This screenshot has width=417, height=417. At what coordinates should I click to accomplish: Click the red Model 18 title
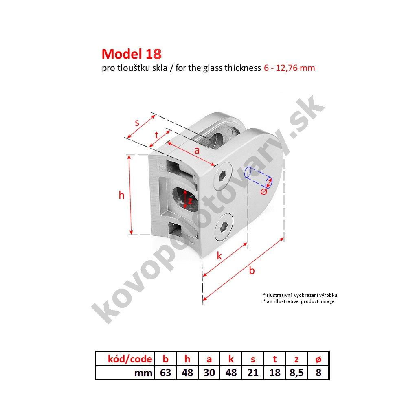[x=132, y=54]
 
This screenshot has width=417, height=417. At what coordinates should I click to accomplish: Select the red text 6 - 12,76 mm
[x=290, y=68]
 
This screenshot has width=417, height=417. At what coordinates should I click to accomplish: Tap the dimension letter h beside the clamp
[x=121, y=195]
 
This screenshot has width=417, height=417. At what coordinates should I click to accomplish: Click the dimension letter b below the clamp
[x=252, y=270]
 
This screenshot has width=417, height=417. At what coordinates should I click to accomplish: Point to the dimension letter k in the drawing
[x=219, y=256]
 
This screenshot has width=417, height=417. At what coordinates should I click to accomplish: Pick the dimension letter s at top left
[x=137, y=123]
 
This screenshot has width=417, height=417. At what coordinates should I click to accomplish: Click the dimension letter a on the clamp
[x=197, y=151]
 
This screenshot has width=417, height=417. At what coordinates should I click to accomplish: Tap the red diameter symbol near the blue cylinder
[x=263, y=191]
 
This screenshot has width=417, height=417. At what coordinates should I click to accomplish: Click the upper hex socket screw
[x=224, y=176]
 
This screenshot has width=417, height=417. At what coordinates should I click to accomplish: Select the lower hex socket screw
[x=224, y=226]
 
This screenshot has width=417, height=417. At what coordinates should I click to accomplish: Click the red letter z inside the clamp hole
[x=190, y=201]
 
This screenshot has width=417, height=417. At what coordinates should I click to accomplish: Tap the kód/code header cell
[x=130, y=359]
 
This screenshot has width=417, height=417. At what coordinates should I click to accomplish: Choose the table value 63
[x=165, y=373]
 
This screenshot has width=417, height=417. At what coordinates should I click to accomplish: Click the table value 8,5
[x=296, y=373]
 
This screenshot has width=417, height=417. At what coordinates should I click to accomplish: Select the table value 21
[x=253, y=373]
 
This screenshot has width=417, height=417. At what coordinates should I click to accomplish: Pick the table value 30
[x=209, y=373]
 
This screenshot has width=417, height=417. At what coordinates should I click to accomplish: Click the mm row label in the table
[x=143, y=373]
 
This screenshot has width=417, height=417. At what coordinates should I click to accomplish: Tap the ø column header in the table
[x=318, y=360]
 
